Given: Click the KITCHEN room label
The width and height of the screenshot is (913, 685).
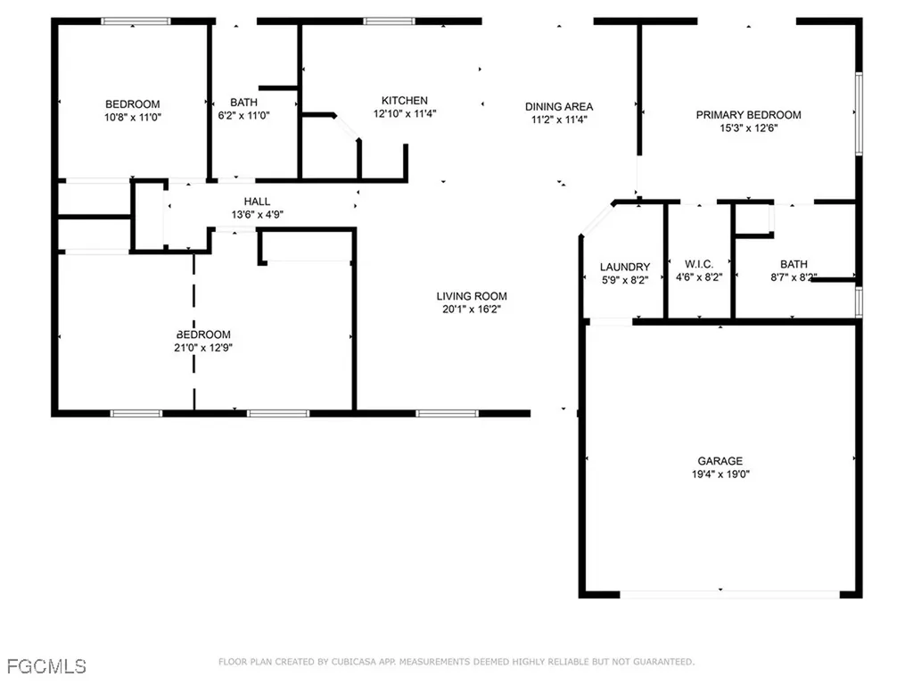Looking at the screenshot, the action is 405,101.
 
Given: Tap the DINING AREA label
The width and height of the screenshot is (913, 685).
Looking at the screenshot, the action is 559,107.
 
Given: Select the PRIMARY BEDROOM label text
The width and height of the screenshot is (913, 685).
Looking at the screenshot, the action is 748,115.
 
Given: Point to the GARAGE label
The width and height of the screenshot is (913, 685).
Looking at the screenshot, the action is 720,461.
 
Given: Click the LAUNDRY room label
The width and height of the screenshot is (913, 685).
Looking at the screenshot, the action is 625,267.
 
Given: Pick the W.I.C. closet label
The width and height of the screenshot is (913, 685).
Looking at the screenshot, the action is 699,264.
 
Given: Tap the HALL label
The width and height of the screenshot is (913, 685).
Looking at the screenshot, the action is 257,202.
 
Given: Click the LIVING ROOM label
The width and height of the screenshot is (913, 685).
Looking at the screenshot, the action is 472,296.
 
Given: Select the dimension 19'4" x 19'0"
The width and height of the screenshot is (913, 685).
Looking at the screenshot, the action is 720,475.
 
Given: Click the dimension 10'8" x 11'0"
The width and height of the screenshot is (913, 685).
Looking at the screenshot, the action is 133,117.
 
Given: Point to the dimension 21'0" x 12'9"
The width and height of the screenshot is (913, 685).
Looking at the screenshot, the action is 203,348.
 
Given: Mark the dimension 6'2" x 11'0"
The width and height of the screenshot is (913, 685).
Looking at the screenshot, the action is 243,115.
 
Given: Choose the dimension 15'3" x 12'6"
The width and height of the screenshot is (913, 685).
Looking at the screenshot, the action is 748,128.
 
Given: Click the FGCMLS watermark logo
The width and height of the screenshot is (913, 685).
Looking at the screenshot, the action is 46,665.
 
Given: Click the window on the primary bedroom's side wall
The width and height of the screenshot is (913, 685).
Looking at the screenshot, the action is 859,113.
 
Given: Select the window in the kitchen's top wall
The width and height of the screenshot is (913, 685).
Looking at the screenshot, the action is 389,21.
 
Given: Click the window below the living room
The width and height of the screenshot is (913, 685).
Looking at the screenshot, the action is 448,414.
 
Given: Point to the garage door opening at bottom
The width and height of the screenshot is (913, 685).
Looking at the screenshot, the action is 729,595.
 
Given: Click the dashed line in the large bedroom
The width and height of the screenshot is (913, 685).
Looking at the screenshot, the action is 193,332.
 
